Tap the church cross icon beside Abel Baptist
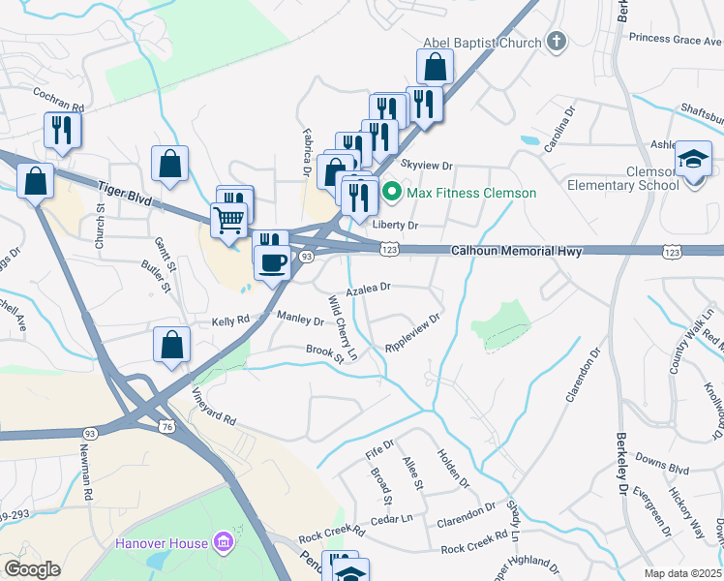(x=556, y=42)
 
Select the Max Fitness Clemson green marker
(x=392, y=192)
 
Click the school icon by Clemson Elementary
(x=693, y=158)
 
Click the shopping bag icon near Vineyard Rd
(x=171, y=345)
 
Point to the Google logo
(x=32, y=568)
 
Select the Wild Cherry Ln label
(x=344, y=328)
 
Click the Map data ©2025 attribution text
(x=683, y=573)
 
